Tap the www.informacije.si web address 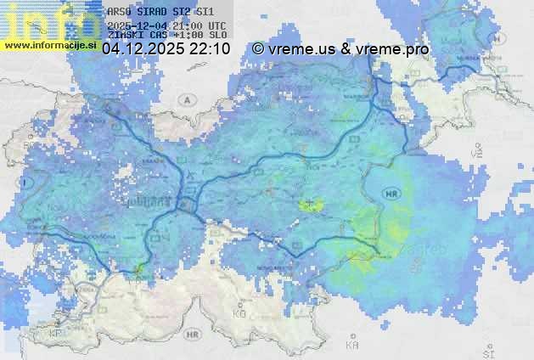point(51,46)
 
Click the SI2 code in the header point(180,12)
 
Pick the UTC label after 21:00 point(216,25)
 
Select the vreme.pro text point(392,49)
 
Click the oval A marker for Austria point(186,99)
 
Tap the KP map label point(56,334)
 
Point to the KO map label point(239,314)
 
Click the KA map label point(352,346)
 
